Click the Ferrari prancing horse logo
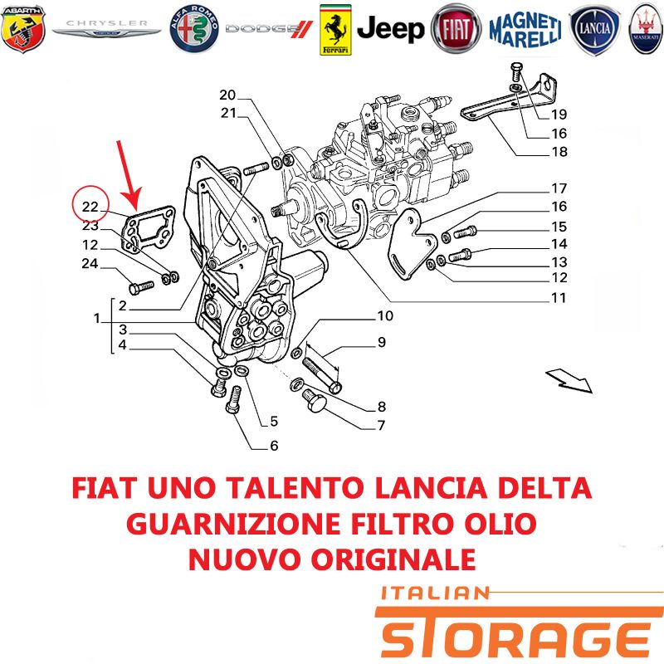pyautogui.click(x=335, y=30)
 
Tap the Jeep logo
pyautogui.click(x=390, y=29)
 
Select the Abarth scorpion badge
pyautogui.click(x=23, y=29)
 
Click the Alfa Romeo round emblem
pyautogui.click(x=194, y=29)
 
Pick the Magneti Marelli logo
pyautogui.click(x=525, y=29)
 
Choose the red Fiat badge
pyautogui.click(x=456, y=29)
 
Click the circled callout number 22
pyautogui.click(x=90, y=207)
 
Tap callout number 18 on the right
pyautogui.click(x=559, y=151)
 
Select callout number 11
pyautogui.click(x=559, y=298)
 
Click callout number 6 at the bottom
pyautogui.click(x=274, y=446)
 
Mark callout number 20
pyautogui.click(x=227, y=95)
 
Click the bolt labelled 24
pyautogui.click(x=141, y=287)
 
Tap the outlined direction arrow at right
pyautogui.click(x=569, y=380)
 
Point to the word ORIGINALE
pyautogui.click(x=393, y=559)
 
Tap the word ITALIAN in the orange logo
pyautogui.click(x=435, y=593)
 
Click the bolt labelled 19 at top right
pyautogui.click(x=516, y=72)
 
